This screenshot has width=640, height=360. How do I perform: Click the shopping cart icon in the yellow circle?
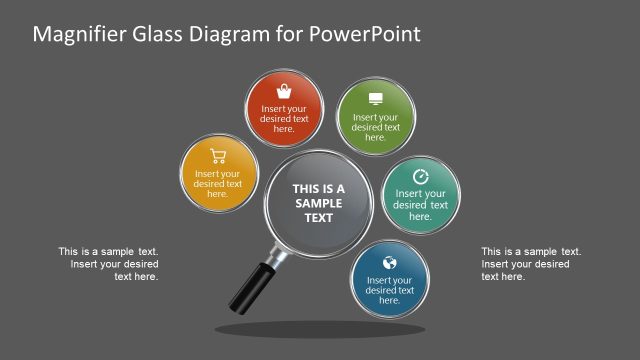pyautogui.click(x=218, y=155)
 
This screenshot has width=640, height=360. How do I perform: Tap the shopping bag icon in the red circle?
pyautogui.click(x=284, y=90)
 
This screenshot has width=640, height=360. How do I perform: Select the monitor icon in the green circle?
pyautogui.click(x=376, y=98)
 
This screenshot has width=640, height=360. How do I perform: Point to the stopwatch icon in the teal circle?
pyautogui.click(x=420, y=176)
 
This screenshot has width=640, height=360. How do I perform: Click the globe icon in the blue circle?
pyautogui.click(x=390, y=263)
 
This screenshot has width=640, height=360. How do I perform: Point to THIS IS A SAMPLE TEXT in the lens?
pyautogui.click(x=318, y=203)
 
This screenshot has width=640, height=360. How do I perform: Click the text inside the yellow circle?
pyautogui.click(x=218, y=183)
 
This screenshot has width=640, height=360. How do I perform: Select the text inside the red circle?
pyautogui.click(x=284, y=118)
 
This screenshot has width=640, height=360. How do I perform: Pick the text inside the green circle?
pyautogui.click(x=376, y=127)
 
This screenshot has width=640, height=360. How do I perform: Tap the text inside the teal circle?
pyautogui.click(x=420, y=204)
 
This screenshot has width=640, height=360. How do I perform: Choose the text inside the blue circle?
pyautogui.click(x=390, y=290)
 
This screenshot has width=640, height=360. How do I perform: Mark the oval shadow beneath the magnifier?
pyautogui.click(x=320, y=329)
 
